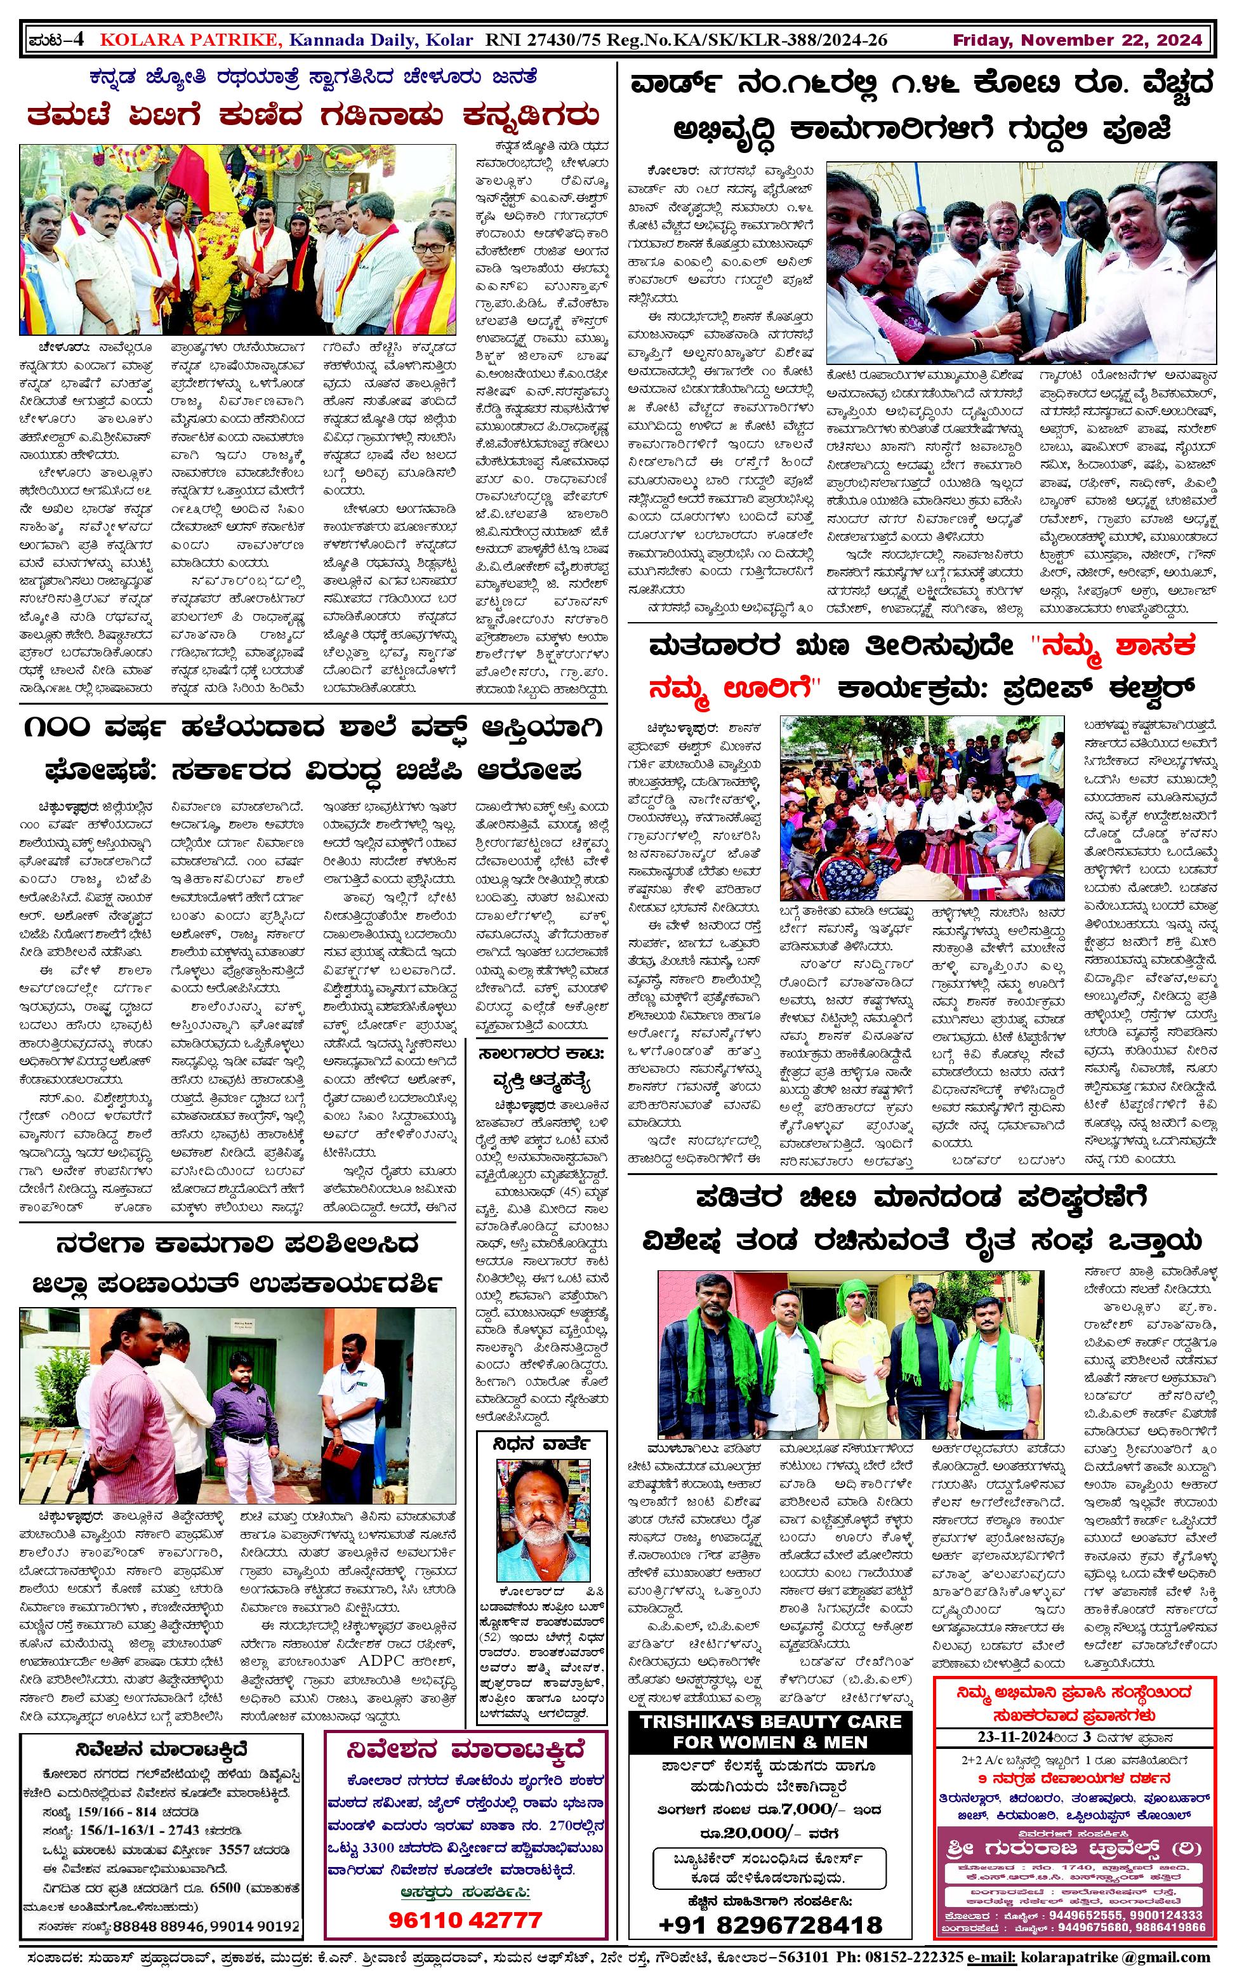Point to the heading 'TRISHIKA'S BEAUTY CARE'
click(x=770, y=1722)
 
